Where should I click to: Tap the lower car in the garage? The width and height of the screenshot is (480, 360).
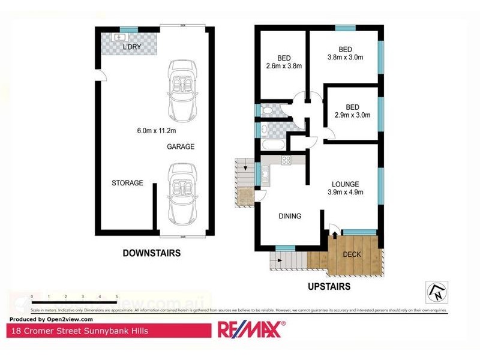(180, 191)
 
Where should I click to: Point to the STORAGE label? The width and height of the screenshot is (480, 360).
(128, 183)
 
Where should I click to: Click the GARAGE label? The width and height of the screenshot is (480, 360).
(181, 146)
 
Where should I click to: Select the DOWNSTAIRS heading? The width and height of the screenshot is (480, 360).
(151, 253)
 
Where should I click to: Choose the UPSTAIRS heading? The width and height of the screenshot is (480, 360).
(329, 287)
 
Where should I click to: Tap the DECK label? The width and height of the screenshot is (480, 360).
(352, 254)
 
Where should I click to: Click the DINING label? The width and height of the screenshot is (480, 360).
(289, 216)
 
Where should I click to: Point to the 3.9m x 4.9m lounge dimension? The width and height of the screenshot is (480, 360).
(345, 192)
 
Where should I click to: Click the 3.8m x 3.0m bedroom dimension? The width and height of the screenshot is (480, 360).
(345, 58)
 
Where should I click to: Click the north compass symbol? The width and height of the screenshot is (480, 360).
(437, 291)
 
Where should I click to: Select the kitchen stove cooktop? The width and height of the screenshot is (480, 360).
(286, 160)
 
